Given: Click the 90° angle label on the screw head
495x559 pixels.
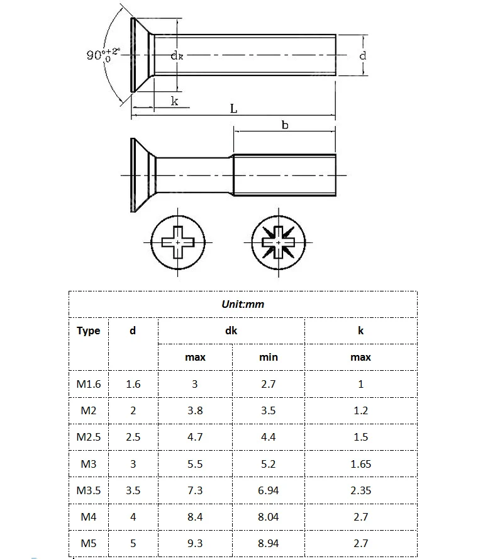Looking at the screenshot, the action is click(x=104, y=54).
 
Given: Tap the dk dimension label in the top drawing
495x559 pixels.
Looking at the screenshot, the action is click(x=177, y=55).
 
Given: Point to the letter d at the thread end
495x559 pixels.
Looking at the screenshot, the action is click(x=362, y=55).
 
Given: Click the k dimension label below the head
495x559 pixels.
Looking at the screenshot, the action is click(x=174, y=101).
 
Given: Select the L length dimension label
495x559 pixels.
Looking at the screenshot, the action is click(x=233, y=108).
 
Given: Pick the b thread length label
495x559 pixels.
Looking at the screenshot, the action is click(x=285, y=125).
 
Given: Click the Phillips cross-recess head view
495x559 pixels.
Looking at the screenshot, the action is click(x=178, y=242).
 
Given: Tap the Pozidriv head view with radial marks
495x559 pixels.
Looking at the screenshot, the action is click(x=279, y=242).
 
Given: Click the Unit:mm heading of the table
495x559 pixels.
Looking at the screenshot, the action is click(x=243, y=304).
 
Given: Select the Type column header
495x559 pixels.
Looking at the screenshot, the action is click(x=88, y=331).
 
